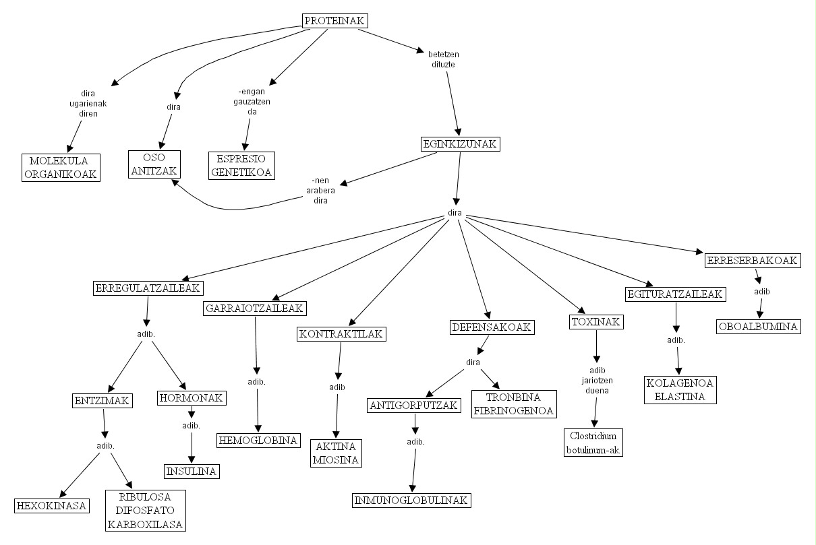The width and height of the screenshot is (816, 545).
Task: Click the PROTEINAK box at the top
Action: coord(334,21)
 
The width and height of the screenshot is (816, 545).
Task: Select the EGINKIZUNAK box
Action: coord(460,144)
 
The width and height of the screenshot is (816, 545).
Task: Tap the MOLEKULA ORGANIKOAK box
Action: coord(61,168)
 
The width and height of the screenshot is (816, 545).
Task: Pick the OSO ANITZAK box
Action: coord(154,164)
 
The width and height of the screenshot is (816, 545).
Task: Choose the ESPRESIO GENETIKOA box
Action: coord(241,166)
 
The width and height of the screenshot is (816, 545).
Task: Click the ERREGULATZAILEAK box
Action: coord(148,288)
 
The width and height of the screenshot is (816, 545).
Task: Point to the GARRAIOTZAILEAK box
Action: coord(255,308)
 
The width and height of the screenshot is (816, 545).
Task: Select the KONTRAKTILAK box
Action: coord(341,333)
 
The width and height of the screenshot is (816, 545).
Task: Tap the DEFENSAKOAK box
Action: coord(492,327)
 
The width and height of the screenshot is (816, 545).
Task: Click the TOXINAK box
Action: coord(596,321)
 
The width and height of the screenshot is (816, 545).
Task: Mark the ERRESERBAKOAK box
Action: coord(753,261)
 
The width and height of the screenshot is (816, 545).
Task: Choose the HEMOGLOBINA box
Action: coord(258,440)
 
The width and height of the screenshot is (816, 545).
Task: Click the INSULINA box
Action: coord(192,471)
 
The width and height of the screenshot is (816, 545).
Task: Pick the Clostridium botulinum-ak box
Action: coord(593,443)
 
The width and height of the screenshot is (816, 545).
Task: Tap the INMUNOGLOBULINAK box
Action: coord(411,501)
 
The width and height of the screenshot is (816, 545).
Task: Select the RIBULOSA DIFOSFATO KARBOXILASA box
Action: coord(146,511)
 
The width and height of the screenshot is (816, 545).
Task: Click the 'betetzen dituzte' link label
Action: coord(443,59)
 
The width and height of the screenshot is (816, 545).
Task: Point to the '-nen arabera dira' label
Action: coord(320,190)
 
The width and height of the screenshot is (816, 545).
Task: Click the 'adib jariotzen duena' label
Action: coord(597,380)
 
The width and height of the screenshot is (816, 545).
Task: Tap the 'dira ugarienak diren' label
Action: coord(88,104)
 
